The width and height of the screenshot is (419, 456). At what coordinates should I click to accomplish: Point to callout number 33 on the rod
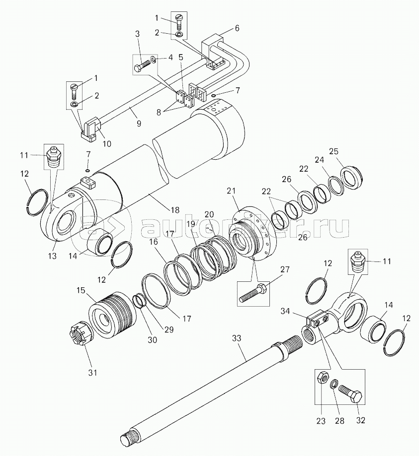237,338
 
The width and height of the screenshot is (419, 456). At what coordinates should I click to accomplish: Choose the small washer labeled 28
334,385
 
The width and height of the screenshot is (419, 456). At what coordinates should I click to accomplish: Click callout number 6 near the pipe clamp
237,28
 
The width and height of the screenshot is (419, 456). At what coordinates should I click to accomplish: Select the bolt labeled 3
142,65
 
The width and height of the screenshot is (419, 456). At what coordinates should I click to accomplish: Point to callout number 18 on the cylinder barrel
175,210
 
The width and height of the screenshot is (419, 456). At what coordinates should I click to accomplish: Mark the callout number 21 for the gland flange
231,191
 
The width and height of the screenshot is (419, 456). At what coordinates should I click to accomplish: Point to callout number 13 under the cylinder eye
53,256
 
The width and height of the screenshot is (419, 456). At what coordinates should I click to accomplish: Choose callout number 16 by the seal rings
154,242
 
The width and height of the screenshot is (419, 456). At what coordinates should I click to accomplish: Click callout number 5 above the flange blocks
181,57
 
